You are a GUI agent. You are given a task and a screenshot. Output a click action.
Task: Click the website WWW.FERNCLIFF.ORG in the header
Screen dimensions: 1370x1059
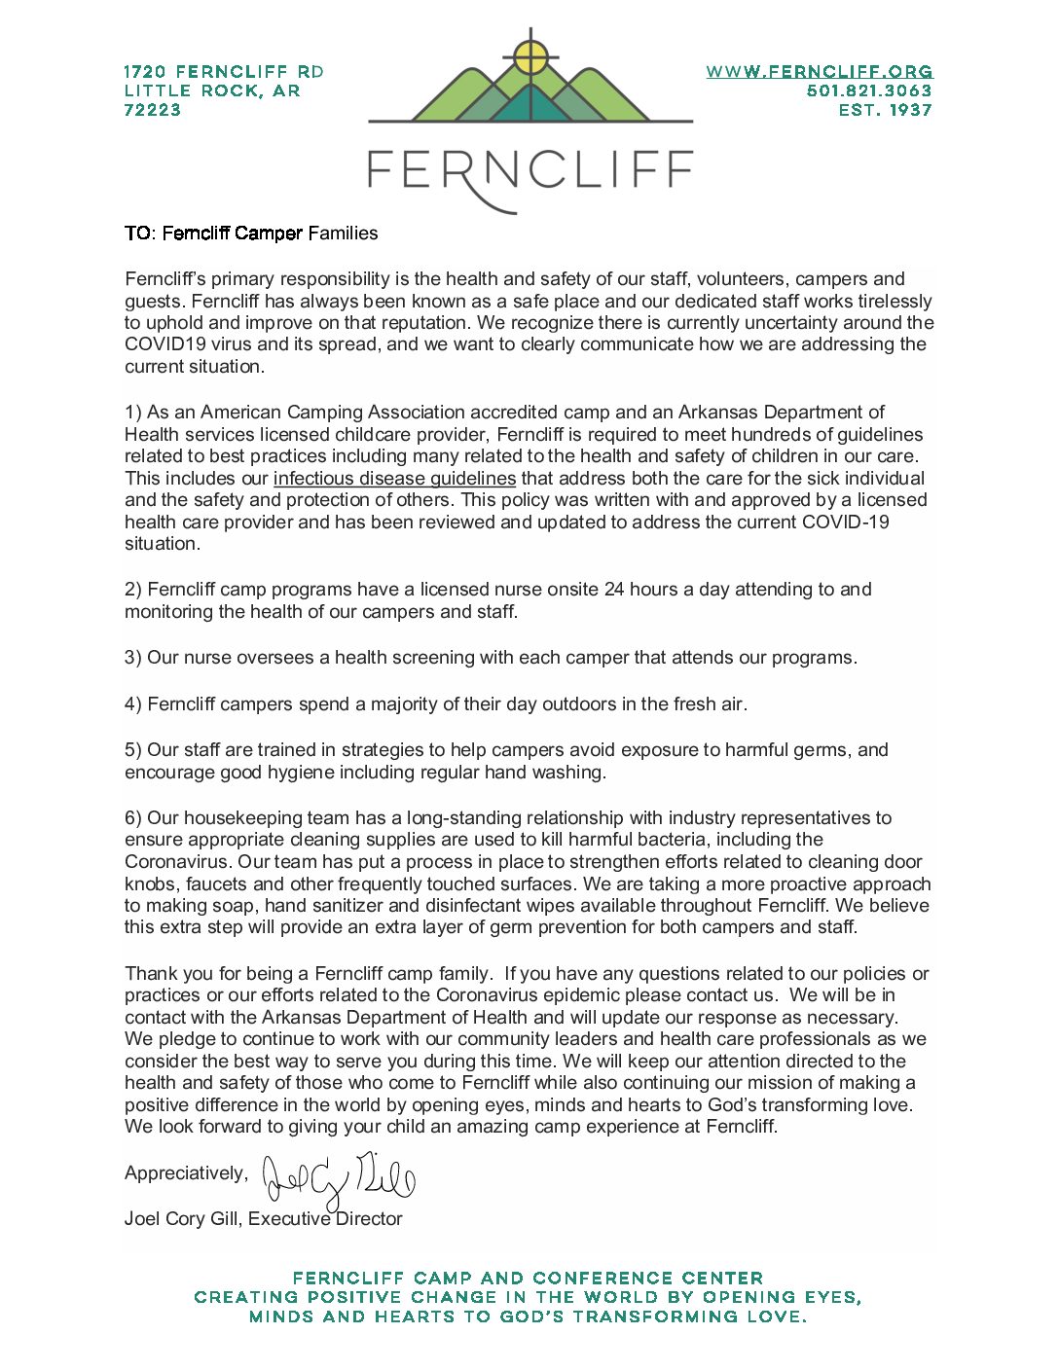point(819,72)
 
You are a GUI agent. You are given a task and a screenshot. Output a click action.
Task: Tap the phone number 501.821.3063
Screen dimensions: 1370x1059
point(868,90)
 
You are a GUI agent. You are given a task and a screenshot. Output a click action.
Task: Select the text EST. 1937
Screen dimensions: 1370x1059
point(885,110)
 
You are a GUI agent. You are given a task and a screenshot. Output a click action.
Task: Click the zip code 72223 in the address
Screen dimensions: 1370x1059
point(153,110)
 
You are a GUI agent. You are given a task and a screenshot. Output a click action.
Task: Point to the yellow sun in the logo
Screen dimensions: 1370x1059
point(530,55)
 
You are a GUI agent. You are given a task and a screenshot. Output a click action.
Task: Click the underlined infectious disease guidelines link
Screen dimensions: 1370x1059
point(394,478)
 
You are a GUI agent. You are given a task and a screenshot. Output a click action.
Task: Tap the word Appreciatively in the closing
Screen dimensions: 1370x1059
point(185,1173)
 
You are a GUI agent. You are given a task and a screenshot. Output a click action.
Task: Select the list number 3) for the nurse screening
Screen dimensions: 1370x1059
point(133,658)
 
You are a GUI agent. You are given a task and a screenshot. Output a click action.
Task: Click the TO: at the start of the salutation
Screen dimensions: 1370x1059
point(139,234)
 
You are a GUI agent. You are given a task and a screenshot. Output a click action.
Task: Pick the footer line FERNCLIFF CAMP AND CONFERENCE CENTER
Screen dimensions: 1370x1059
point(528,1278)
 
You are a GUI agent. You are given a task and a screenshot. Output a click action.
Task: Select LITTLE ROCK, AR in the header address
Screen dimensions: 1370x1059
point(212,90)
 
